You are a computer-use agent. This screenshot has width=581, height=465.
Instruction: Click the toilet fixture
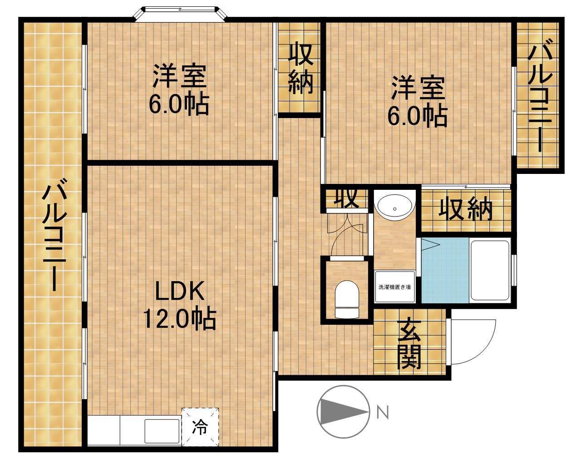click(347, 299)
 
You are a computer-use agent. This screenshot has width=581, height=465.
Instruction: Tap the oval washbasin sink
click(395, 208)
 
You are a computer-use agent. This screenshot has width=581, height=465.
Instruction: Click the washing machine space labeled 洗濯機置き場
click(395, 287)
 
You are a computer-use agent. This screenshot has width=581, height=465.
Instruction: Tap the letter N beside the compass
click(383, 412)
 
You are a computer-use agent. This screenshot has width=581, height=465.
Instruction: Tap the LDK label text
click(180, 291)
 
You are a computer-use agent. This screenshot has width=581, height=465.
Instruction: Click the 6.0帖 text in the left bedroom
click(179, 104)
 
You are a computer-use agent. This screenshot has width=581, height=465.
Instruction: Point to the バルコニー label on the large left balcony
click(54, 238)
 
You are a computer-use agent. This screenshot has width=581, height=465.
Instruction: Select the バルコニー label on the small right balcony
click(540, 99)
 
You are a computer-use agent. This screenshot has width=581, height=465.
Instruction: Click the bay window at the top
click(181, 14)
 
